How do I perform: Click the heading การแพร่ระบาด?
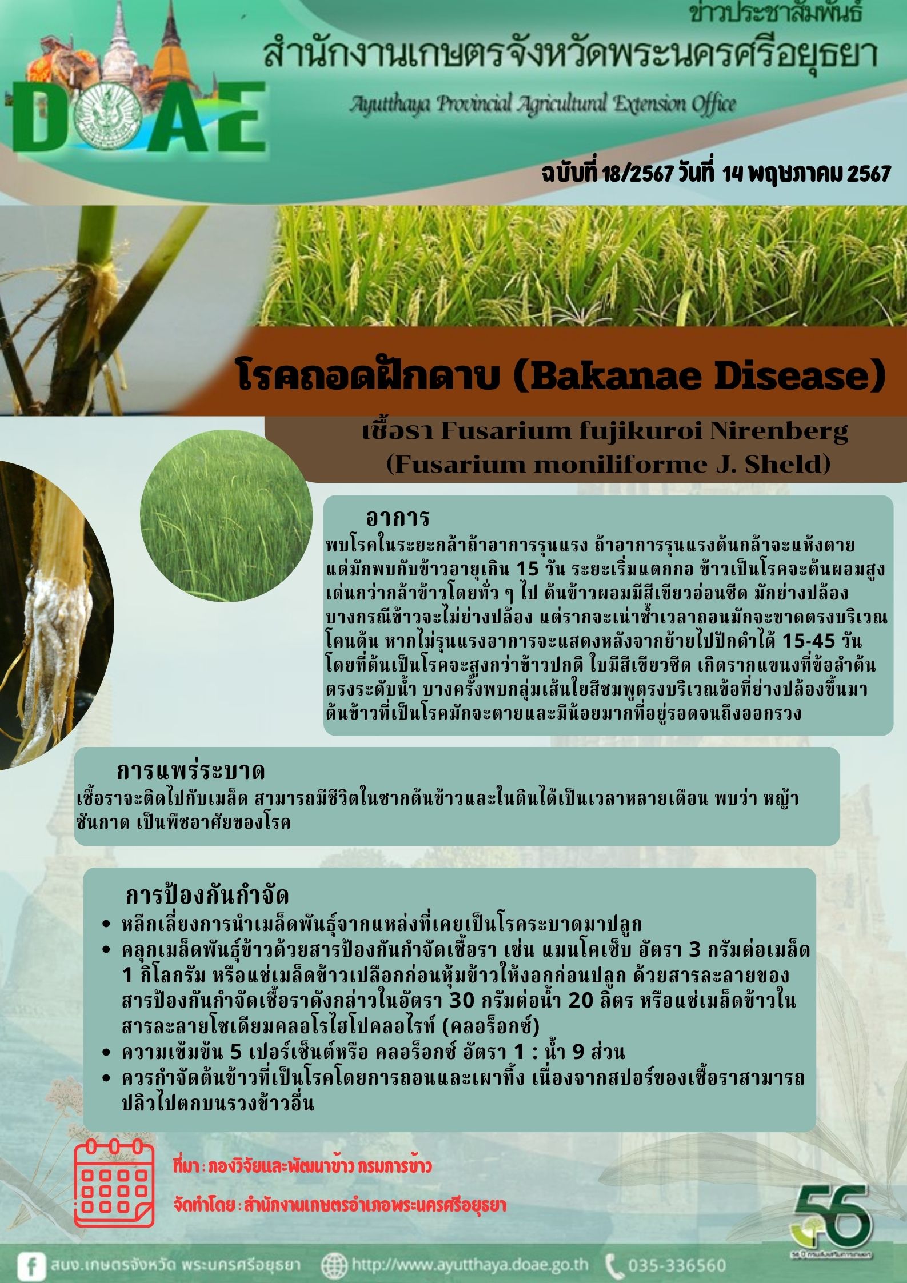point(191,771)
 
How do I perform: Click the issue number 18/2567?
point(637,173)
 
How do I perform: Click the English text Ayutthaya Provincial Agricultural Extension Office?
point(542,103)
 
